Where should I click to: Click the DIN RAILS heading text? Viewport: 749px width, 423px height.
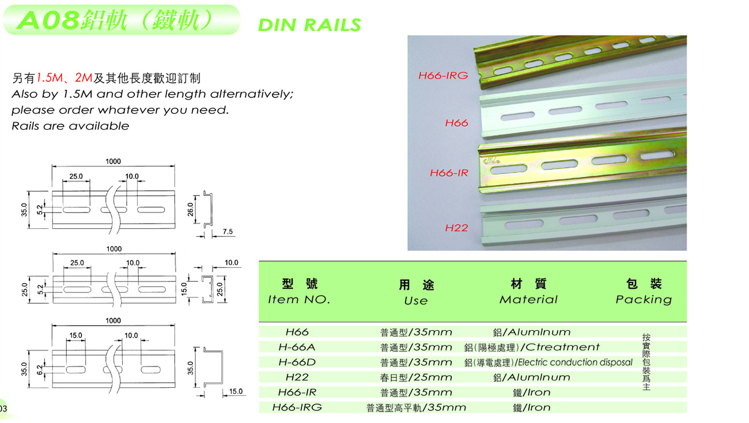pyautogui.click(x=309, y=25)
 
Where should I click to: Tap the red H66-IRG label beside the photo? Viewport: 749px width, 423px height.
pyautogui.click(x=442, y=75)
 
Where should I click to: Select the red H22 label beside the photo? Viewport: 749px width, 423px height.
pyautogui.click(x=456, y=228)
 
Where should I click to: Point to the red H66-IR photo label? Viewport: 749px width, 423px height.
pyautogui.click(x=449, y=172)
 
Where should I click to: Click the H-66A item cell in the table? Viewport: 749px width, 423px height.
pyautogui.click(x=297, y=347)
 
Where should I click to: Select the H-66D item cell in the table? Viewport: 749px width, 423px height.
pyautogui.click(x=297, y=362)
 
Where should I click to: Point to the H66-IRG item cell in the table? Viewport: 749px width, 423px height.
pyautogui.click(x=297, y=407)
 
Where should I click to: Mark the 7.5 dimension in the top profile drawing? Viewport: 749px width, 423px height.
pyautogui.click(x=227, y=232)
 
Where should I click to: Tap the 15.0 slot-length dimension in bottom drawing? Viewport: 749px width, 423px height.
pyautogui.click(x=75, y=335)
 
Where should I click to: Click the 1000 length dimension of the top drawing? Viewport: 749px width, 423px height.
pyautogui.click(x=113, y=161)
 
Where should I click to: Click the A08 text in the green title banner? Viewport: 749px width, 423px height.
pyautogui.click(x=48, y=21)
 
